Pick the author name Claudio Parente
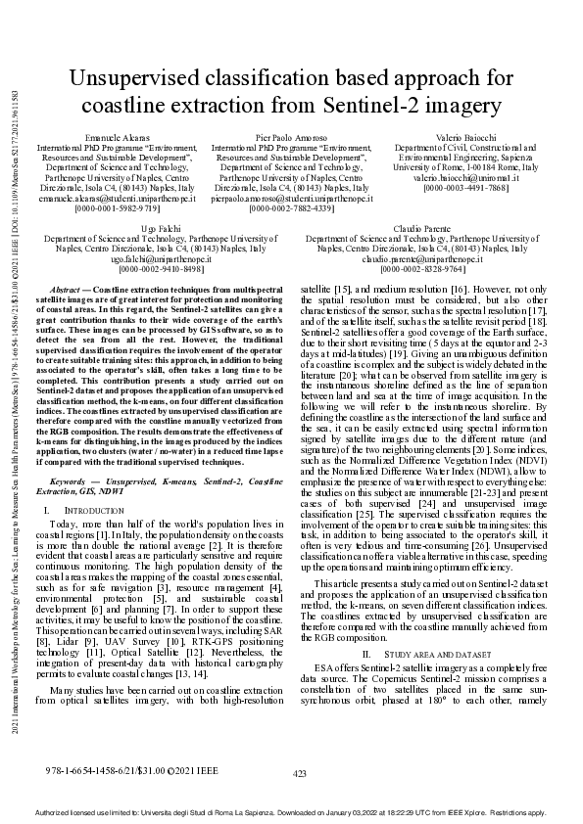(x=417, y=227)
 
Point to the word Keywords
(x=71, y=481)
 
